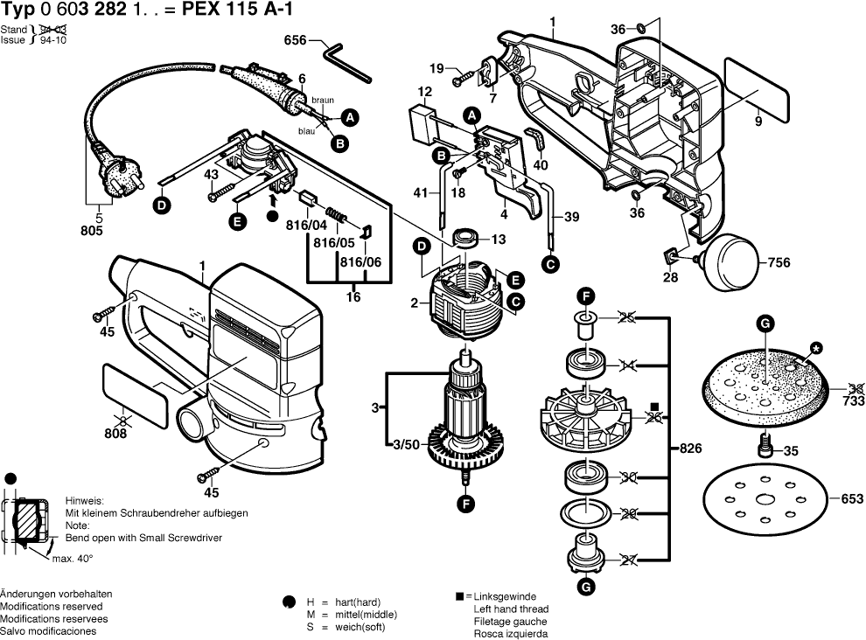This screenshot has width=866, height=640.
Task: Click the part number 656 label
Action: tap(296, 39)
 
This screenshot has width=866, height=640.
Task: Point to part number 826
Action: tap(690, 448)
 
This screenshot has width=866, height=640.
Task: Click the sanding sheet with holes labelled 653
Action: tap(763, 501)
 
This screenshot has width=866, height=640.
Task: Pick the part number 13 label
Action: tap(498, 240)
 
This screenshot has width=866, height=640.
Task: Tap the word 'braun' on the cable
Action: tap(322, 101)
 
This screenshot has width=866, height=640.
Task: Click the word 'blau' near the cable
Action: tap(306, 130)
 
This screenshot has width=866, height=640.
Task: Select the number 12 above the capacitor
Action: tap(425, 92)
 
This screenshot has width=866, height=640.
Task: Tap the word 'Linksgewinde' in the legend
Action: tap(507, 596)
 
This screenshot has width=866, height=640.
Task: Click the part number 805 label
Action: tap(92, 231)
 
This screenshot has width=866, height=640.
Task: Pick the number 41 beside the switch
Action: tap(422, 193)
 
